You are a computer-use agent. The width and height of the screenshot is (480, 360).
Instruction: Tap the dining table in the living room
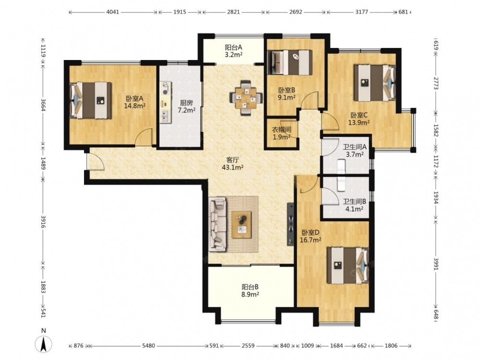[246, 98]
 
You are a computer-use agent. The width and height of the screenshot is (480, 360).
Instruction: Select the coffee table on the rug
[241, 224]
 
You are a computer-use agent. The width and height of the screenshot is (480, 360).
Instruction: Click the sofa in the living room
[217, 224]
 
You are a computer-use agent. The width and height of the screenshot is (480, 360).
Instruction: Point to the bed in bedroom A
[90, 100]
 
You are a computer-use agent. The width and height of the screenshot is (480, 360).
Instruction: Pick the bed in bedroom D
[348, 265]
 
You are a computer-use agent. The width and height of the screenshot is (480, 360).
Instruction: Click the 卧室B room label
[287, 90]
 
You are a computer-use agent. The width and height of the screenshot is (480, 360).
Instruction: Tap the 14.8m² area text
[134, 106]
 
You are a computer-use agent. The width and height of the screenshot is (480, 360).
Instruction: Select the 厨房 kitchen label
[186, 103]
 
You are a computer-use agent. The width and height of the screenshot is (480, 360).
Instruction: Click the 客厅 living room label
[232, 160]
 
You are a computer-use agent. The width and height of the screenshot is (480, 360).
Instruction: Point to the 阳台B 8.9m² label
[250, 290]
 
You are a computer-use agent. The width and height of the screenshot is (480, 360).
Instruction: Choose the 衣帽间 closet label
[281, 130]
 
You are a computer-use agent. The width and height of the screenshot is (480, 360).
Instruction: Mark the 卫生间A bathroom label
[355, 147]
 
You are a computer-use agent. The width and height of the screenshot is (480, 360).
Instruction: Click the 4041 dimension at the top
[112, 12]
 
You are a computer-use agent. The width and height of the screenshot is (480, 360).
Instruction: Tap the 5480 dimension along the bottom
[148, 346]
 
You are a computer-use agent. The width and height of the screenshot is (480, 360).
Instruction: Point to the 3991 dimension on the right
[436, 263]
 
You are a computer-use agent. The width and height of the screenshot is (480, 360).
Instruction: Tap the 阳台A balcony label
[234, 48]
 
